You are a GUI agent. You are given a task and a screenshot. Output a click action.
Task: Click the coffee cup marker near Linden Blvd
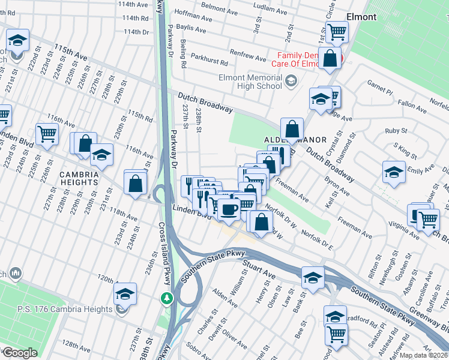[x=228, y=209]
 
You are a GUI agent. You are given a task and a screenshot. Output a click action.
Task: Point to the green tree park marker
[x=167, y=298]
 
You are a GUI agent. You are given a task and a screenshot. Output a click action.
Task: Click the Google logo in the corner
[x=19, y=352]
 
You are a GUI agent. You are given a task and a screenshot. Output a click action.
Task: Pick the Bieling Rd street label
[x=184, y=54]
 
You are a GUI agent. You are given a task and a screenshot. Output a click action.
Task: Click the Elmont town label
[x=361, y=17]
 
